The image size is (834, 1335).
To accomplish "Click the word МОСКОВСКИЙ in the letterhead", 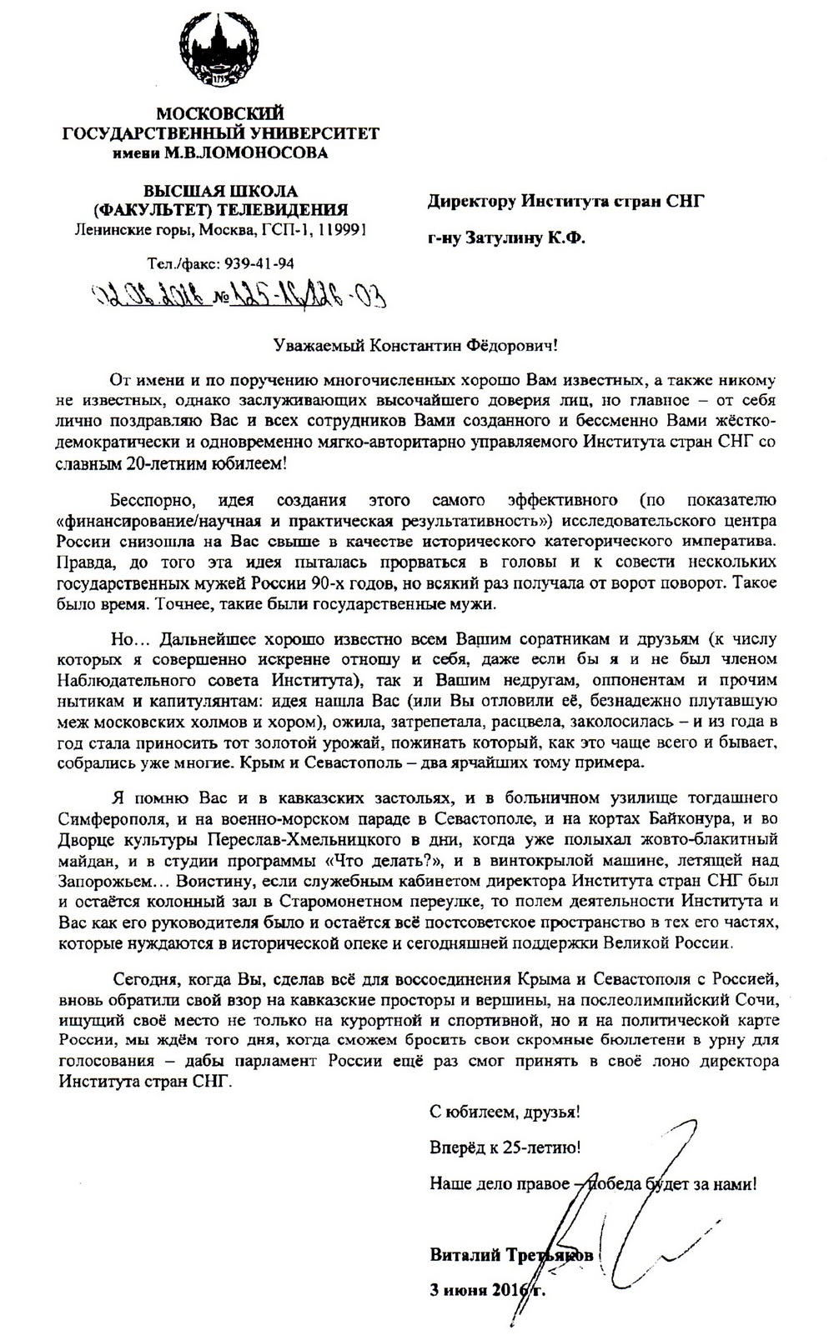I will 221,112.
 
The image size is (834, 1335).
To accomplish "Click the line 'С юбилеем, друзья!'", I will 505,1112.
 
